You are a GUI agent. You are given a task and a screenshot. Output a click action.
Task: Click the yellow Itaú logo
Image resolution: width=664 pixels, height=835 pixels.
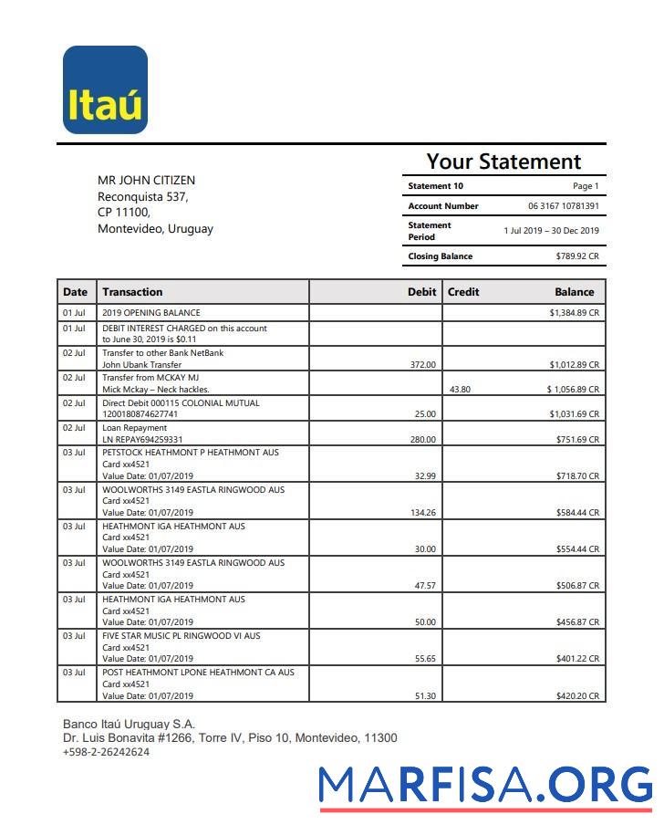click(x=105, y=90)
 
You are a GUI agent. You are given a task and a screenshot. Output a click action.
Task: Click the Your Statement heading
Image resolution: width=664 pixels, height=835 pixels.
click(x=503, y=162)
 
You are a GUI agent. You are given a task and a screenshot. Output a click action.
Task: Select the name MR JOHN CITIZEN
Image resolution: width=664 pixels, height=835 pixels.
click(x=146, y=180)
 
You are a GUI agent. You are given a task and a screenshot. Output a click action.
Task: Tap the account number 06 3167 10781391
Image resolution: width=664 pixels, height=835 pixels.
click(x=563, y=206)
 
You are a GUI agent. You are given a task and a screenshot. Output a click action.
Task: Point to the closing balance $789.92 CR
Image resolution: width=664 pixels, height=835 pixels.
click(x=577, y=256)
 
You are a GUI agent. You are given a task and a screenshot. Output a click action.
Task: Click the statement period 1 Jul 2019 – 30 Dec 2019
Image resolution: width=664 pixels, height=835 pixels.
click(x=551, y=231)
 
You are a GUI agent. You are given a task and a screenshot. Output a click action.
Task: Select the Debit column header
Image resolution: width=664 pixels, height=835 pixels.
click(x=421, y=292)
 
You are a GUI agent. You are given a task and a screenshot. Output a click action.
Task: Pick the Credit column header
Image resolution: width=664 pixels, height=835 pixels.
click(x=463, y=292)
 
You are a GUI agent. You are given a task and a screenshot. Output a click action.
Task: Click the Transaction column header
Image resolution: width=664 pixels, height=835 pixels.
click(x=132, y=292)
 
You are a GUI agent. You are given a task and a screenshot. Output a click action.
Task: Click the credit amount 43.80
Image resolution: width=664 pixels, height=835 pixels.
click(x=460, y=390)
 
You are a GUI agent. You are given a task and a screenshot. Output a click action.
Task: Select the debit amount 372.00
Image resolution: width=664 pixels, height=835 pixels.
click(x=422, y=365)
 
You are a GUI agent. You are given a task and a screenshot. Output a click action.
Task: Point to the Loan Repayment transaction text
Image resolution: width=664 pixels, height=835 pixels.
click(x=134, y=427)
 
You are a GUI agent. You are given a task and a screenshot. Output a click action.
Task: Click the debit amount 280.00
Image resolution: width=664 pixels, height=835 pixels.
click(x=422, y=440)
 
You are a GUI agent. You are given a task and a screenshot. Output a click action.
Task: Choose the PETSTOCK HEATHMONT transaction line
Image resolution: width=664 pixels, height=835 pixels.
click(x=190, y=453)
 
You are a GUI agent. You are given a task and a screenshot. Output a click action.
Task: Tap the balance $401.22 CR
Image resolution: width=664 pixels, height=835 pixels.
click(x=577, y=659)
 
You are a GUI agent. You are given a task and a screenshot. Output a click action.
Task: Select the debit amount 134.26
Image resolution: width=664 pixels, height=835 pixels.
click(x=422, y=513)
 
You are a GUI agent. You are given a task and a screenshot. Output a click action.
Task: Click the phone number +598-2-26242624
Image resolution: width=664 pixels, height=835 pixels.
click(x=106, y=752)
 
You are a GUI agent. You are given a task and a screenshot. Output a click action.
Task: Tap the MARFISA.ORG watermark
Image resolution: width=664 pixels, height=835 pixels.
click(x=486, y=785)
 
